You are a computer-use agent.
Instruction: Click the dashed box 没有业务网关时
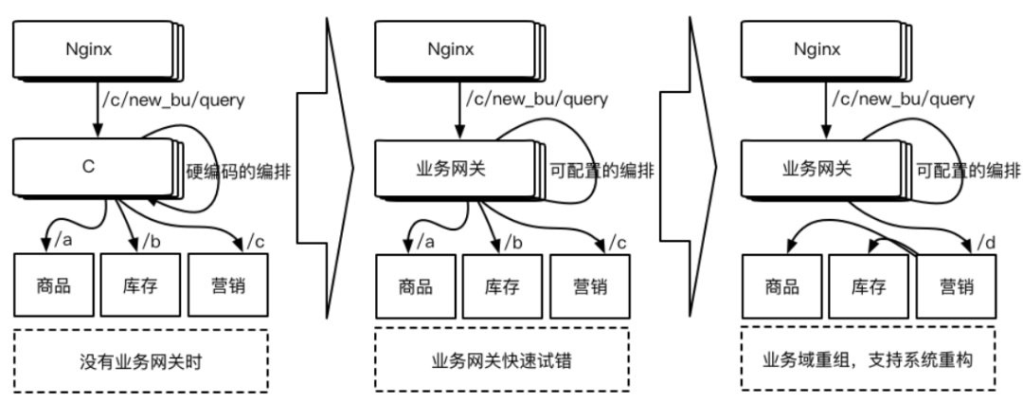141,361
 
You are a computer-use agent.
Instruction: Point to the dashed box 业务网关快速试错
502,361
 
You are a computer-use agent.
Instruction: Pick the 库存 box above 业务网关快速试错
502,285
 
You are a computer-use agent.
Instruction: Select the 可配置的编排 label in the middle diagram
602,172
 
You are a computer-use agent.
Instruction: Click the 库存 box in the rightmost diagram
868,285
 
